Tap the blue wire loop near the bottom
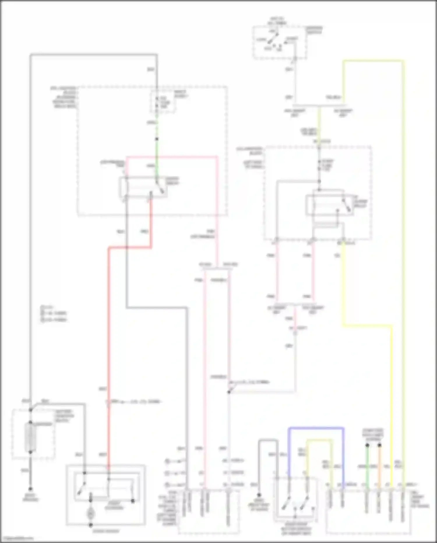pyautogui.click(x=316, y=428)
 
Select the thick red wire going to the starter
pyautogui.click(x=108, y=350)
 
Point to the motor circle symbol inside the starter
pyautogui.click(x=91, y=513)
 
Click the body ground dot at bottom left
pyautogui.click(x=30, y=489)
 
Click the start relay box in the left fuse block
pyautogui.click(x=143, y=187)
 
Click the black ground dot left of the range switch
pyautogui.click(x=259, y=495)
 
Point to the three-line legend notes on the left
pyautogui.click(x=54, y=313)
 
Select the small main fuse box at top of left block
pyautogui.click(x=163, y=102)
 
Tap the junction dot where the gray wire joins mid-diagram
pyautogui.click(x=229, y=392)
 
